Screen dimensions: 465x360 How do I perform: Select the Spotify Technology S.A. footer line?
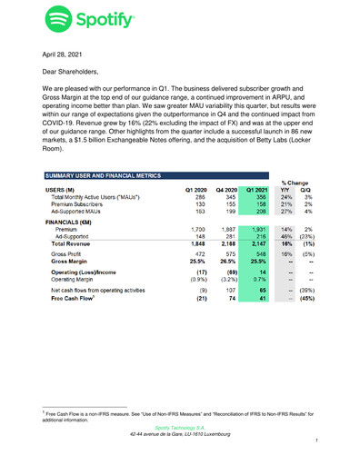tap(180, 425)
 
